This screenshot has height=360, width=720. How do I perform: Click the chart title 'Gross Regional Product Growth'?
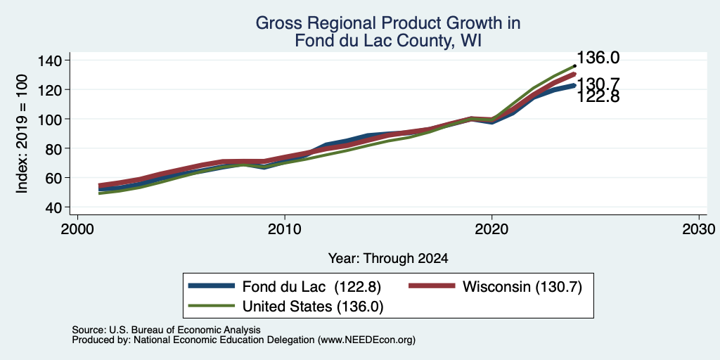(388, 23)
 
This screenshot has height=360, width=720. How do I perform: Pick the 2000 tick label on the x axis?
(77, 229)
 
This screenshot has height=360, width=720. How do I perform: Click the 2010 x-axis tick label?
(285, 229)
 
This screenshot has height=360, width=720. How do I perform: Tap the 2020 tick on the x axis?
(491, 229)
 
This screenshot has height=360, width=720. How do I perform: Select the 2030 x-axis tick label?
(699, 229)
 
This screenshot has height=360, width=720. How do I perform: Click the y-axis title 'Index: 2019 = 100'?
(22, 134)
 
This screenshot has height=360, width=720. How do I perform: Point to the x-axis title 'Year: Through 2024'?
(388, 259)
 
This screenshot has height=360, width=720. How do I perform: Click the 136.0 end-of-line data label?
(598, 58)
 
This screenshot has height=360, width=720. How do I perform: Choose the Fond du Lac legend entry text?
(311, 287)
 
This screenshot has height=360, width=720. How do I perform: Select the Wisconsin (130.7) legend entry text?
(522, 287)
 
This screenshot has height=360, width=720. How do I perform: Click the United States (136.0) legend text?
(313, 307)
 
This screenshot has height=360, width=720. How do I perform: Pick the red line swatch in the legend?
(432, 286)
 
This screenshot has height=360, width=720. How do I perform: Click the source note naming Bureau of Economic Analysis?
(166, 330)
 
